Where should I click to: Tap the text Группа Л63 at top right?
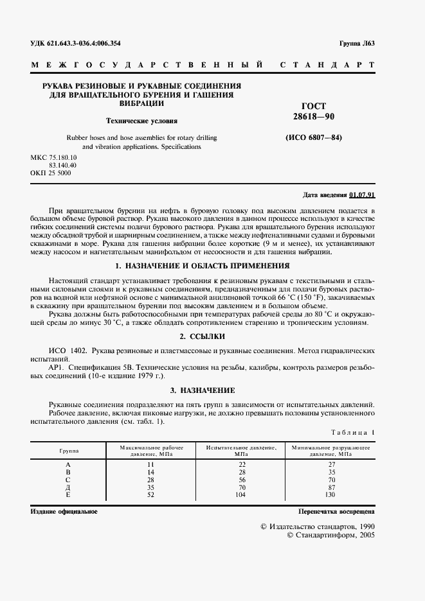click(357, 44)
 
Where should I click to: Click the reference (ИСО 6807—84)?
click(314, 137)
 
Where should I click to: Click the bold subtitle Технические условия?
click(141, 120)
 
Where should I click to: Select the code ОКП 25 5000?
click(51, 173)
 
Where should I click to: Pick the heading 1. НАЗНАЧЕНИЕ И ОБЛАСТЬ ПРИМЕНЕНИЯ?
click(202, 266)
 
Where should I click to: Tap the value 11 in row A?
click(152, 464)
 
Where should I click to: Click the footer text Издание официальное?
click(64, 511)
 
